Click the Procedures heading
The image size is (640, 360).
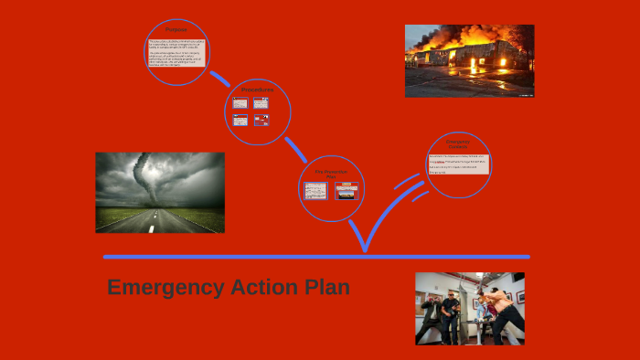256,89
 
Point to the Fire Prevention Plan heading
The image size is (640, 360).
332,173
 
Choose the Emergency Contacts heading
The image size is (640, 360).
458,143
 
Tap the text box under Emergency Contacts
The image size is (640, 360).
458,164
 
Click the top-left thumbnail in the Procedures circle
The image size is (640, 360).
240,103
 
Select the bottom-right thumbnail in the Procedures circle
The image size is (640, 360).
261,120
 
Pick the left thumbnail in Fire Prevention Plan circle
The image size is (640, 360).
315,191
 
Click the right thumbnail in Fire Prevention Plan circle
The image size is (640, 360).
347,191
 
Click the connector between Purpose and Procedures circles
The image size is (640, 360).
219,78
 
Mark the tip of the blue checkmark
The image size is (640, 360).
365,249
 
